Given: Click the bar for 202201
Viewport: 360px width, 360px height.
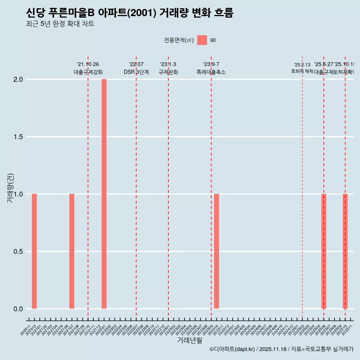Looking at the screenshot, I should (x=104, y=194).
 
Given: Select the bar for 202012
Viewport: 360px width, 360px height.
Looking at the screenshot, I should (x=34, y=251).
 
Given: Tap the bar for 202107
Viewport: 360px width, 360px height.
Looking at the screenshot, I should (x=72, y=251).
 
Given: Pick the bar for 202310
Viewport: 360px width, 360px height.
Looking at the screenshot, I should (x=216, y=251).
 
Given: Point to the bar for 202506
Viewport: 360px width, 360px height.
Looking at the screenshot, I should (x=324, y=251).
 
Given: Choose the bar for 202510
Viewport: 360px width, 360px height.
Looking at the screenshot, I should (x=345, y=251).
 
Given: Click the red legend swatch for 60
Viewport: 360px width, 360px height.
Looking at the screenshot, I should (x=202, y=40).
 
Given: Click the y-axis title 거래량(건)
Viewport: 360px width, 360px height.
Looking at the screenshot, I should (x=10, y=188).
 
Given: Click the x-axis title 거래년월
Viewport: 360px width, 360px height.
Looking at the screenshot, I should (x=189, y=340).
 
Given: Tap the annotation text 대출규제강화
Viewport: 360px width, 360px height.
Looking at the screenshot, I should (x=88, y=72).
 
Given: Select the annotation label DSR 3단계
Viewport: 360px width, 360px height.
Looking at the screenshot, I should (x=136, y=72).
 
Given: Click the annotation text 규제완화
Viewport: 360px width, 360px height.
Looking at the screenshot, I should (x=168, y=72).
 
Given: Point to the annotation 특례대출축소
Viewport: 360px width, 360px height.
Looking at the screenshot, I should (x=211, y=72).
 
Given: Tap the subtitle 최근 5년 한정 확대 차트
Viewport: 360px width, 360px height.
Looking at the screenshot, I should (x=60, y=24).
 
